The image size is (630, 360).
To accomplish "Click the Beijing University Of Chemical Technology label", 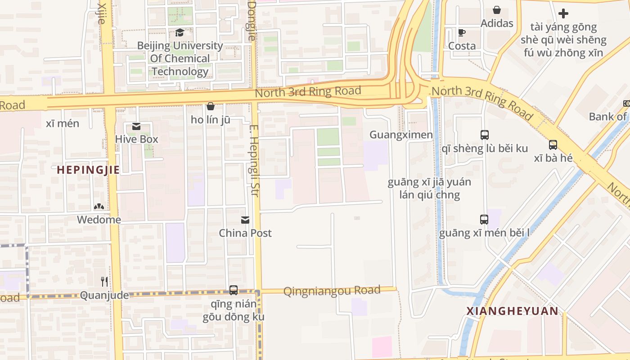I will click(x=180, y=58).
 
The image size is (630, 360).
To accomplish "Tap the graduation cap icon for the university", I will click(x=180, y=32).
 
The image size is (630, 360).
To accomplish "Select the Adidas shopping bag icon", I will click(x=497, y=10).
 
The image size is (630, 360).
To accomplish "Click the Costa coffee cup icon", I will click(x=462, y=32).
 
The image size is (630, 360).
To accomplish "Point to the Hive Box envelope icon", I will click(x=136, y=126).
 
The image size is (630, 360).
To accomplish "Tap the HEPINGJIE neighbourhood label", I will click(x=88, y=170).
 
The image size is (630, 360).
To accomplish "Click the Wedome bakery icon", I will click(x=99, y=207).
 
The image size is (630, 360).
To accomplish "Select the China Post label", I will click(x=245, y=233).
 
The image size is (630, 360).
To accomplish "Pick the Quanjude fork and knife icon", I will click(x=104, y=282).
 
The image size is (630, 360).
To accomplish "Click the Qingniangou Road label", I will click(x=332, y=291).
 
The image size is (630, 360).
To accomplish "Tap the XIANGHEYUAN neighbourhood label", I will click(x=512, y=311).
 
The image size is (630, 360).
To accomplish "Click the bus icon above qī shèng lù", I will click(x=484, y=135).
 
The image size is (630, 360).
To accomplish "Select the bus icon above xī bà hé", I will click(x=553, y=145).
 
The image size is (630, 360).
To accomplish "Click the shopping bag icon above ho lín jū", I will click(x=210, y=107).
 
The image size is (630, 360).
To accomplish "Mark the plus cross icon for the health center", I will click(x=563, y=13).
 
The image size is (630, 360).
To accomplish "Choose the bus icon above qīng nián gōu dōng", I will click(x=233, y=290).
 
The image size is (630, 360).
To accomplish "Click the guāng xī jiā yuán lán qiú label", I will click(x=429, y=189).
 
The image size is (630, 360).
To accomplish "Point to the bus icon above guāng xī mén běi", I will click(x=484, y=220).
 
